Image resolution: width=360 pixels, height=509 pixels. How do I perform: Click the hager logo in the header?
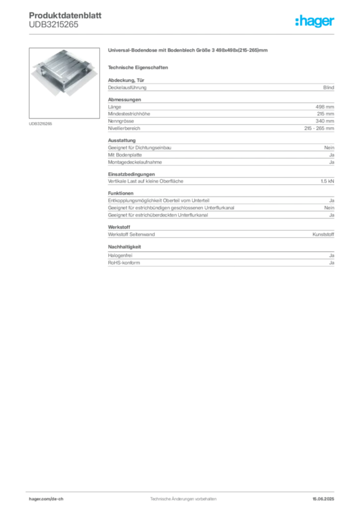pyautogui.click(x=315, y=21)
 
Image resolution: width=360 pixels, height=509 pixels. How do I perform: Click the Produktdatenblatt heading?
pyautogui.click(x=65, y=15)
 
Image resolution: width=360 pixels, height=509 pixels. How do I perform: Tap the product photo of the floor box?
pyautogui.click(x=64, y=83)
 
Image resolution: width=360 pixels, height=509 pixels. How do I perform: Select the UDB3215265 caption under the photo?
pyautogui.click(x=40, y=124)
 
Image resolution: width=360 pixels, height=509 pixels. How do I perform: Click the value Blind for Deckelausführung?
pyautogui.click(x=329, y=87)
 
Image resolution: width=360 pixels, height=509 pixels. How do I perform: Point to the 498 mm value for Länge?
pyautogui.click(x=325, y=107)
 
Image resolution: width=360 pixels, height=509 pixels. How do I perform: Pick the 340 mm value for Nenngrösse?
pyautogui.click(x=325, y=121)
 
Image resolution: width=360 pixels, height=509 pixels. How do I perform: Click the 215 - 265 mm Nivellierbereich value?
pyautogui.click(x=319, y=128)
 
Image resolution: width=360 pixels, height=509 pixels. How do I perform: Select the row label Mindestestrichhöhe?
pyautogui.click(x=129, y=114)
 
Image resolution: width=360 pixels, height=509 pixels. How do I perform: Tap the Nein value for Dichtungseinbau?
pyautogui.click(x=329, y=147)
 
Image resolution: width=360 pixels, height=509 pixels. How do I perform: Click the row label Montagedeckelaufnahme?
pyautogui.click(x=135, y=162)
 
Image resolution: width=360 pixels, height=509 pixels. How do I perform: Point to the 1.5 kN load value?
pyautogui.click(x=327, y=181)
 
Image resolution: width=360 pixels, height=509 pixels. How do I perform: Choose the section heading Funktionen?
pyautogui.click(x=121, y=193)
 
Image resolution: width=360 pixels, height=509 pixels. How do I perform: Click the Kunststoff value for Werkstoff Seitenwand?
pyautogui.click(x=323, y=234)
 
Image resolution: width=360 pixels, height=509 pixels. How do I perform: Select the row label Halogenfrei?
pyautogui.click(x=120, y=255)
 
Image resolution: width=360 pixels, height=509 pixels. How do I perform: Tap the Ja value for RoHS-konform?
pyautogui.click(x=332, y=262)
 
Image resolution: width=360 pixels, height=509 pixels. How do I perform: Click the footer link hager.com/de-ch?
pyautogui.click(x=46, y=499)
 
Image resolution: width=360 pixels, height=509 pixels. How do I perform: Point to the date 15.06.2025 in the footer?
pyautogui.click(x=323, y=499)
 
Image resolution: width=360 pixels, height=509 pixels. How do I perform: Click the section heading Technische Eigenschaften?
pyautogui.click(x=138, y=68)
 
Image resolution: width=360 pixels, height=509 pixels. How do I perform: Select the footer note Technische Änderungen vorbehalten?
pyautogui.click(x=183, y=499)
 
